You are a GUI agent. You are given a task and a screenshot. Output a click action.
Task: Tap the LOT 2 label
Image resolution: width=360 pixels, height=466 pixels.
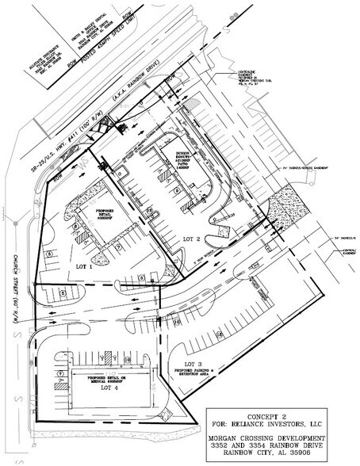click(x=193, y=238)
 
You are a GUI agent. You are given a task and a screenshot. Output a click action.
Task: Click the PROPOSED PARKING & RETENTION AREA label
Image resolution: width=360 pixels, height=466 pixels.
click(x=190, y=370)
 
